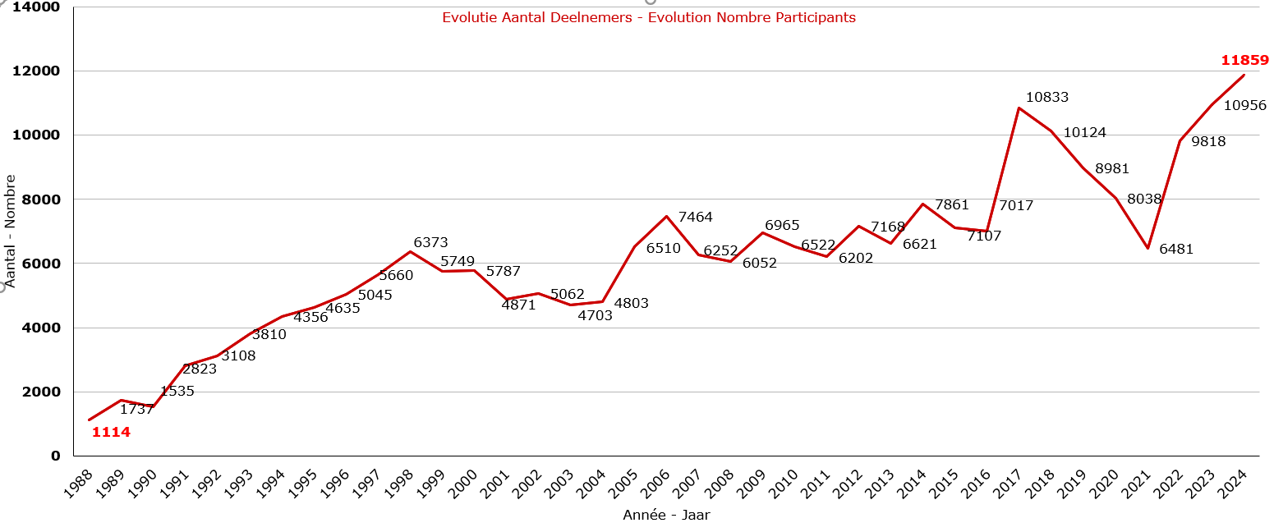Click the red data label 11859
pos(1244,61)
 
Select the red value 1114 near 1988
pos(111,432)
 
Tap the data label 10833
pos(1047,97)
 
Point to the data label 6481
pos(1176,250)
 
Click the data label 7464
pos(696,218)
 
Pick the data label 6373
pos(430,243)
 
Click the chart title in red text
pos(649,18)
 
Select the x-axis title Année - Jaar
pos(666,516)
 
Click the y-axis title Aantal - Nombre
pos(11,231)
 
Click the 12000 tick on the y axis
pos(37,71)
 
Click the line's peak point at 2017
pos(1019,108)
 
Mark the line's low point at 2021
pos(1148,248)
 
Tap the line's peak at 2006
pos(667,217)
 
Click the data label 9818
pos(1208,141)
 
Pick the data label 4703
pos(595,315)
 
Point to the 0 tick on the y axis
pos(56,456)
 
